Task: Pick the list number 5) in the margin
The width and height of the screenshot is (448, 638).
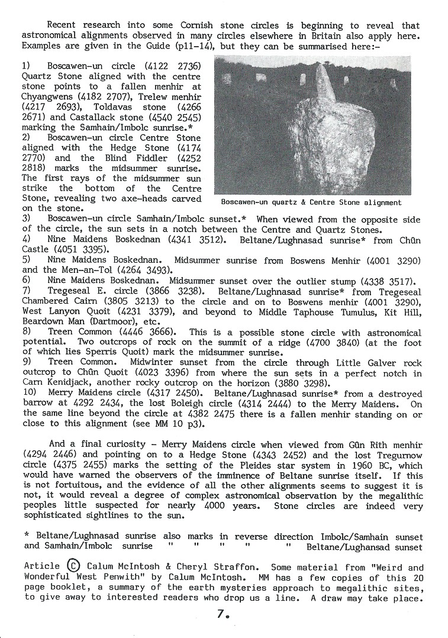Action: pos(26,259)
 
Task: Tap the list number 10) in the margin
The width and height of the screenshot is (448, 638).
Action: pos(28,394)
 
